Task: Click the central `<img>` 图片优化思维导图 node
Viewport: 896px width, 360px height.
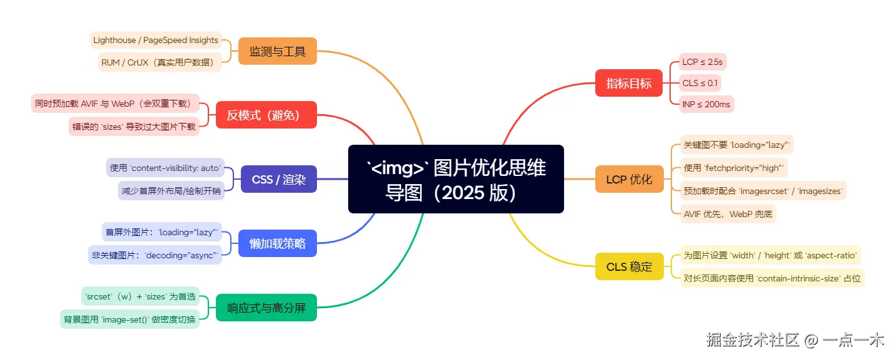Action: point(455,179)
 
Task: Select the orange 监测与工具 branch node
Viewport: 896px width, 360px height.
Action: point(278,51)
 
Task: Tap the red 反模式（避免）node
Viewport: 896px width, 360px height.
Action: point(266,115)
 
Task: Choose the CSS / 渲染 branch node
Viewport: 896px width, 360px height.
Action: point(278,179)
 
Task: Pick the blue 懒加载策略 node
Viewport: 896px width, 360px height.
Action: point(278,243)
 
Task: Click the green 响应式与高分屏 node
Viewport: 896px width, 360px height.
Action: point(266,308)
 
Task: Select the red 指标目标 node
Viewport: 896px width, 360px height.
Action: point(629,83)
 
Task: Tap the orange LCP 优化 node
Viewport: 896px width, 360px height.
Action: point(629,179)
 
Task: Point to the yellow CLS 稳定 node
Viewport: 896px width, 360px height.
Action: point(629,266)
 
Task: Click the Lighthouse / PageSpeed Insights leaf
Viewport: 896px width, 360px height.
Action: point(156,41)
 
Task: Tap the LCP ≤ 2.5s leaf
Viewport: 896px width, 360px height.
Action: point(703,62)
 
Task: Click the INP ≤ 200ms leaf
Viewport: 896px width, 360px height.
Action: point(706,104)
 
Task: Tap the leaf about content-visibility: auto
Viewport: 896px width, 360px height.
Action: point(165,168)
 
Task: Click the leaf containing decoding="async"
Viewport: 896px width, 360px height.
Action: point(155,255)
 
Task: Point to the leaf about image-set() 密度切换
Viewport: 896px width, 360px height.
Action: point(130,319)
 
